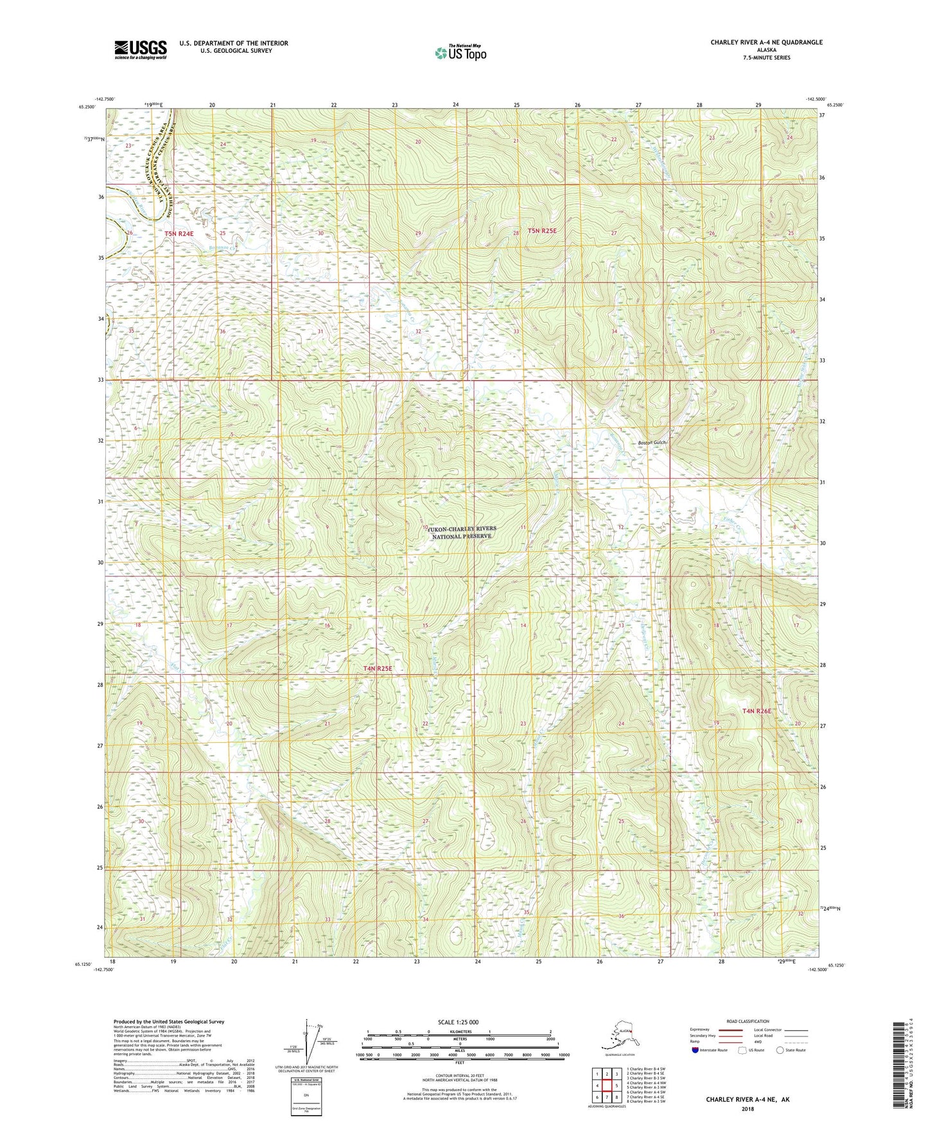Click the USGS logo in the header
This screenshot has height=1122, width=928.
pyautogui.click(x=140, y=49)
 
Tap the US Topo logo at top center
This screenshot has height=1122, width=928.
pyautogui.click(x=460, y=53)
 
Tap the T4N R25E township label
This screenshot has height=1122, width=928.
pyautogui.click(x=378, y=668)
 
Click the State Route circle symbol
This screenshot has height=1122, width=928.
pyautogui.click(x=780, y=1050)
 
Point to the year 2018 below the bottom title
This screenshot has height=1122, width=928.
pyautogui.click(x=748, y=1108)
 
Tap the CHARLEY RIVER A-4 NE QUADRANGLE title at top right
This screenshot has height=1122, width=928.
pyautogui.click(x=766, y=42)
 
